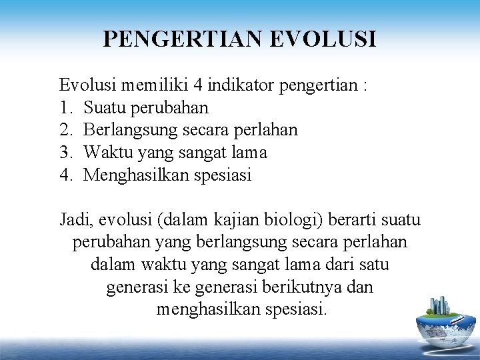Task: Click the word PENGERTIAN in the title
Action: pos(176,38)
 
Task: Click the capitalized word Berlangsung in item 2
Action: pos(133,130)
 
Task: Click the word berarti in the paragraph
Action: pos(360,219)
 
